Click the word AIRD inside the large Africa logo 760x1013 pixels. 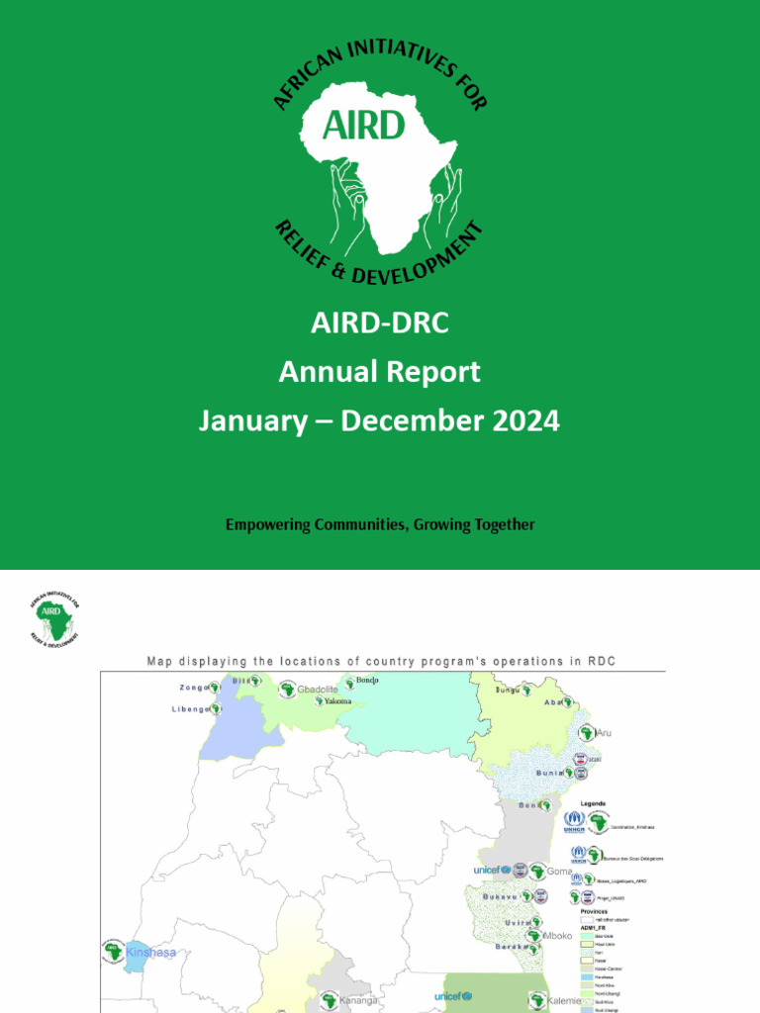pyautogui.click(x=365, y=125)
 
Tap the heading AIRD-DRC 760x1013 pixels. pyautogui.click(x=379, y=323)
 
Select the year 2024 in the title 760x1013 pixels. pyautogui.click(x=524, y=420)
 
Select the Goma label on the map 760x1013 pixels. pyautogui.click(x=560, y=872)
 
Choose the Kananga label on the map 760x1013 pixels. pyautogui.click(x=359, y=1001)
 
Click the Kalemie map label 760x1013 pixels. pyautogui.click(x=564, y=1000)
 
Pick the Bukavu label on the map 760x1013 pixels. pyautogui.click(x=501, y=896)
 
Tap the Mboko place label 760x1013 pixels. pyautogui.click(x=559, y=935)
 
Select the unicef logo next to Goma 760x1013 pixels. pyautogui.click(x=491, y=871)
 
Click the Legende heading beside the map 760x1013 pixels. pyautogui.click(x=593, y=803)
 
